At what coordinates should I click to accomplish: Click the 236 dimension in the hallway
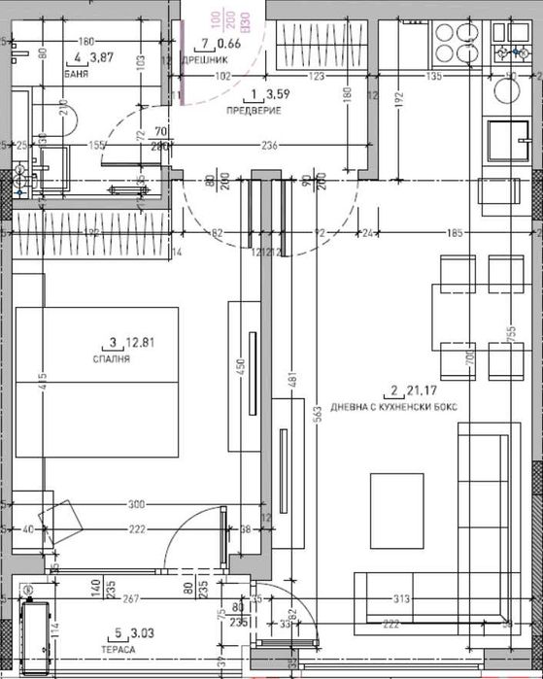[x=271, y=146]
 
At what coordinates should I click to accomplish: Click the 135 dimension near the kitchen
[x=433, y=75]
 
